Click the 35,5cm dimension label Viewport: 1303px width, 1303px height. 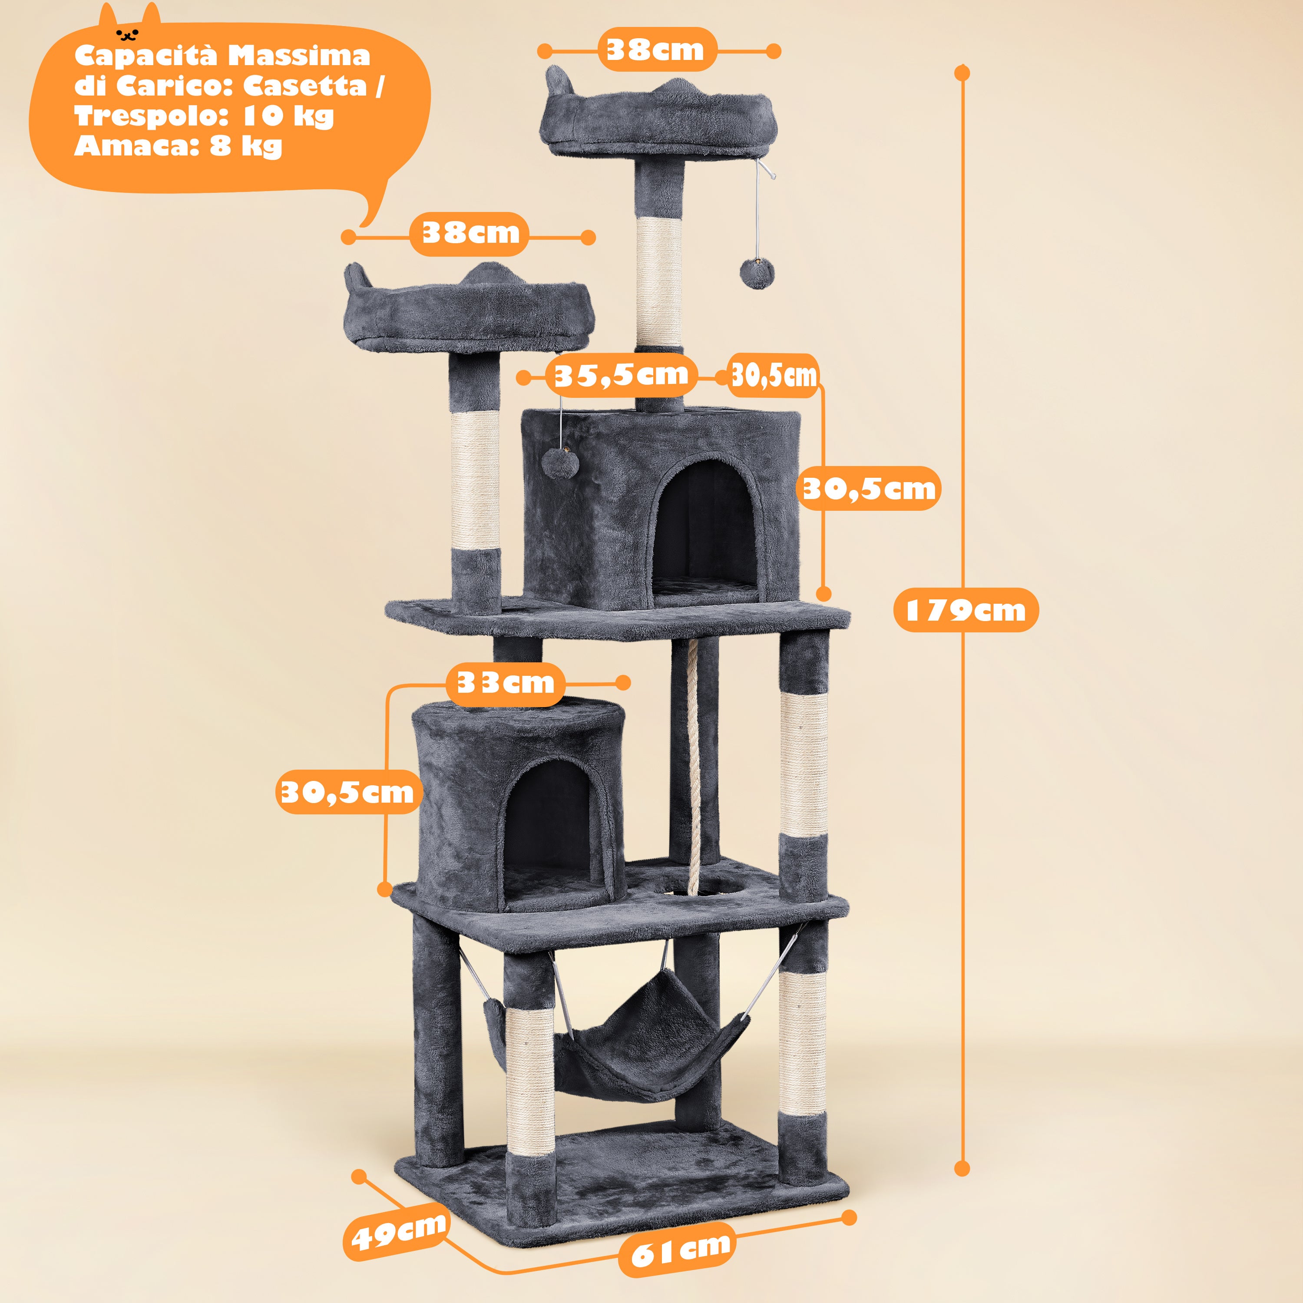[621, 375]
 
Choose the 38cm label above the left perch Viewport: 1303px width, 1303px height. [470, 233]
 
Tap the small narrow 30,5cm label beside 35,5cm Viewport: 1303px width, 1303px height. [774, 375]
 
